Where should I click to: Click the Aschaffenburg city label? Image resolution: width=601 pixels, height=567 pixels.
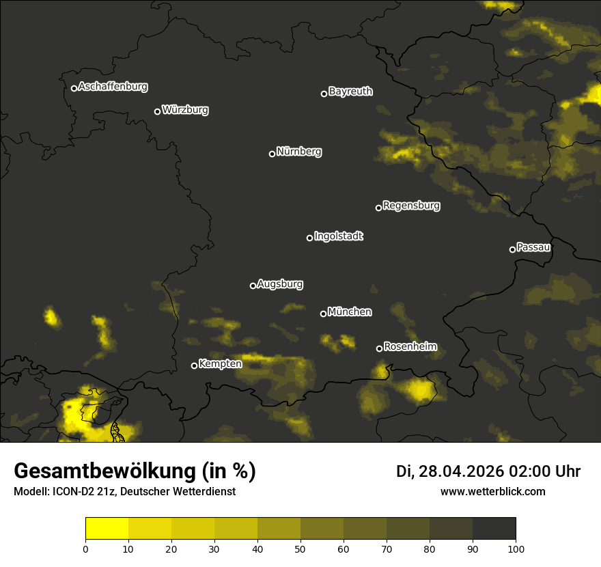[x=113, y=87]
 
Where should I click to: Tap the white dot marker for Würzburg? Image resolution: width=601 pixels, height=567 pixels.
[x=157, y=111]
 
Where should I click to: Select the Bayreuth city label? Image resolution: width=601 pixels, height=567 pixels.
[x=350, y=92]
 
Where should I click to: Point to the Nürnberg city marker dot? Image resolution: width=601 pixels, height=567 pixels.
[x=272, y=154]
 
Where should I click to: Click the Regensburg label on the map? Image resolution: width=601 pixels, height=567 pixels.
[x=411, y=206]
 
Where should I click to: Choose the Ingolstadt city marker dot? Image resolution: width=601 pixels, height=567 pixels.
[x=309, y=238]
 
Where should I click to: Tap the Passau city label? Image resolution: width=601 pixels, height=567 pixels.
[x=533, y=247]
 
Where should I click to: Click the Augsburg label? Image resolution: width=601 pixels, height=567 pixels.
[x=280, y=284]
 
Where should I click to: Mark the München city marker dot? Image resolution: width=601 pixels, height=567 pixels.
[x=323, y=314]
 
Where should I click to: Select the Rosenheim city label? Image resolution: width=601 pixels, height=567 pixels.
[x=410, y=347]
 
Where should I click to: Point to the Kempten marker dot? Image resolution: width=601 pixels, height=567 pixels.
[x=194, y=365]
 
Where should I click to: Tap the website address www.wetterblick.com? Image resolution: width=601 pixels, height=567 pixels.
[x=493, y=492]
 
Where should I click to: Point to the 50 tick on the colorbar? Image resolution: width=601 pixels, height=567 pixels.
[x=300, y=548]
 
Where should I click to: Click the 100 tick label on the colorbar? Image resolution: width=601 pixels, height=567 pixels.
[x=516, y=549]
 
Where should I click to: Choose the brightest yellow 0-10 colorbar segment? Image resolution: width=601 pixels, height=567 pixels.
[x=107, y=529]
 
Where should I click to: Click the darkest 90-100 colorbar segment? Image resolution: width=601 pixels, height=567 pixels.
[x=494, y=529]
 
